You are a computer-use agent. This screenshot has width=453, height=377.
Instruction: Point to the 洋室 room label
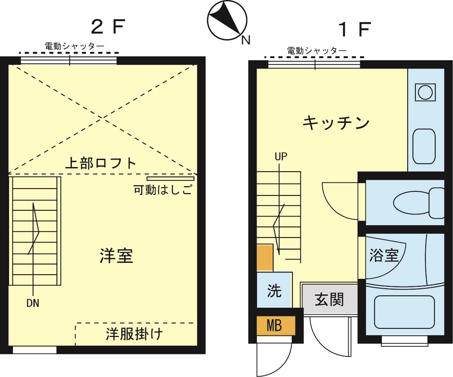click(x=116, y=256)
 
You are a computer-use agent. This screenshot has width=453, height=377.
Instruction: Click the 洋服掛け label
click(x=134, y=334)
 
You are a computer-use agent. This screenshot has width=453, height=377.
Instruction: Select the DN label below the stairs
click(x=33, y=304)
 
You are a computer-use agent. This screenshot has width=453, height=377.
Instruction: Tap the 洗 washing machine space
click(x=274, y=290)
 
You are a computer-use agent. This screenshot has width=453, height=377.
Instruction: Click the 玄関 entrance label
click(x=329, y=299)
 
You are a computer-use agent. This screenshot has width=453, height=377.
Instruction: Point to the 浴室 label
click(x=384, y=255)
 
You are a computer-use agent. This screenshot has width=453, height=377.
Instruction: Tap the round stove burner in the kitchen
click(x=425, y=92)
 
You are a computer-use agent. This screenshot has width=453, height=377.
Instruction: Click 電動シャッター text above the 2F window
click(x=75, y=47)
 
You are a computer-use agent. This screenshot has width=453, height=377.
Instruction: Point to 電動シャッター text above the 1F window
click(x=317, y=51)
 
